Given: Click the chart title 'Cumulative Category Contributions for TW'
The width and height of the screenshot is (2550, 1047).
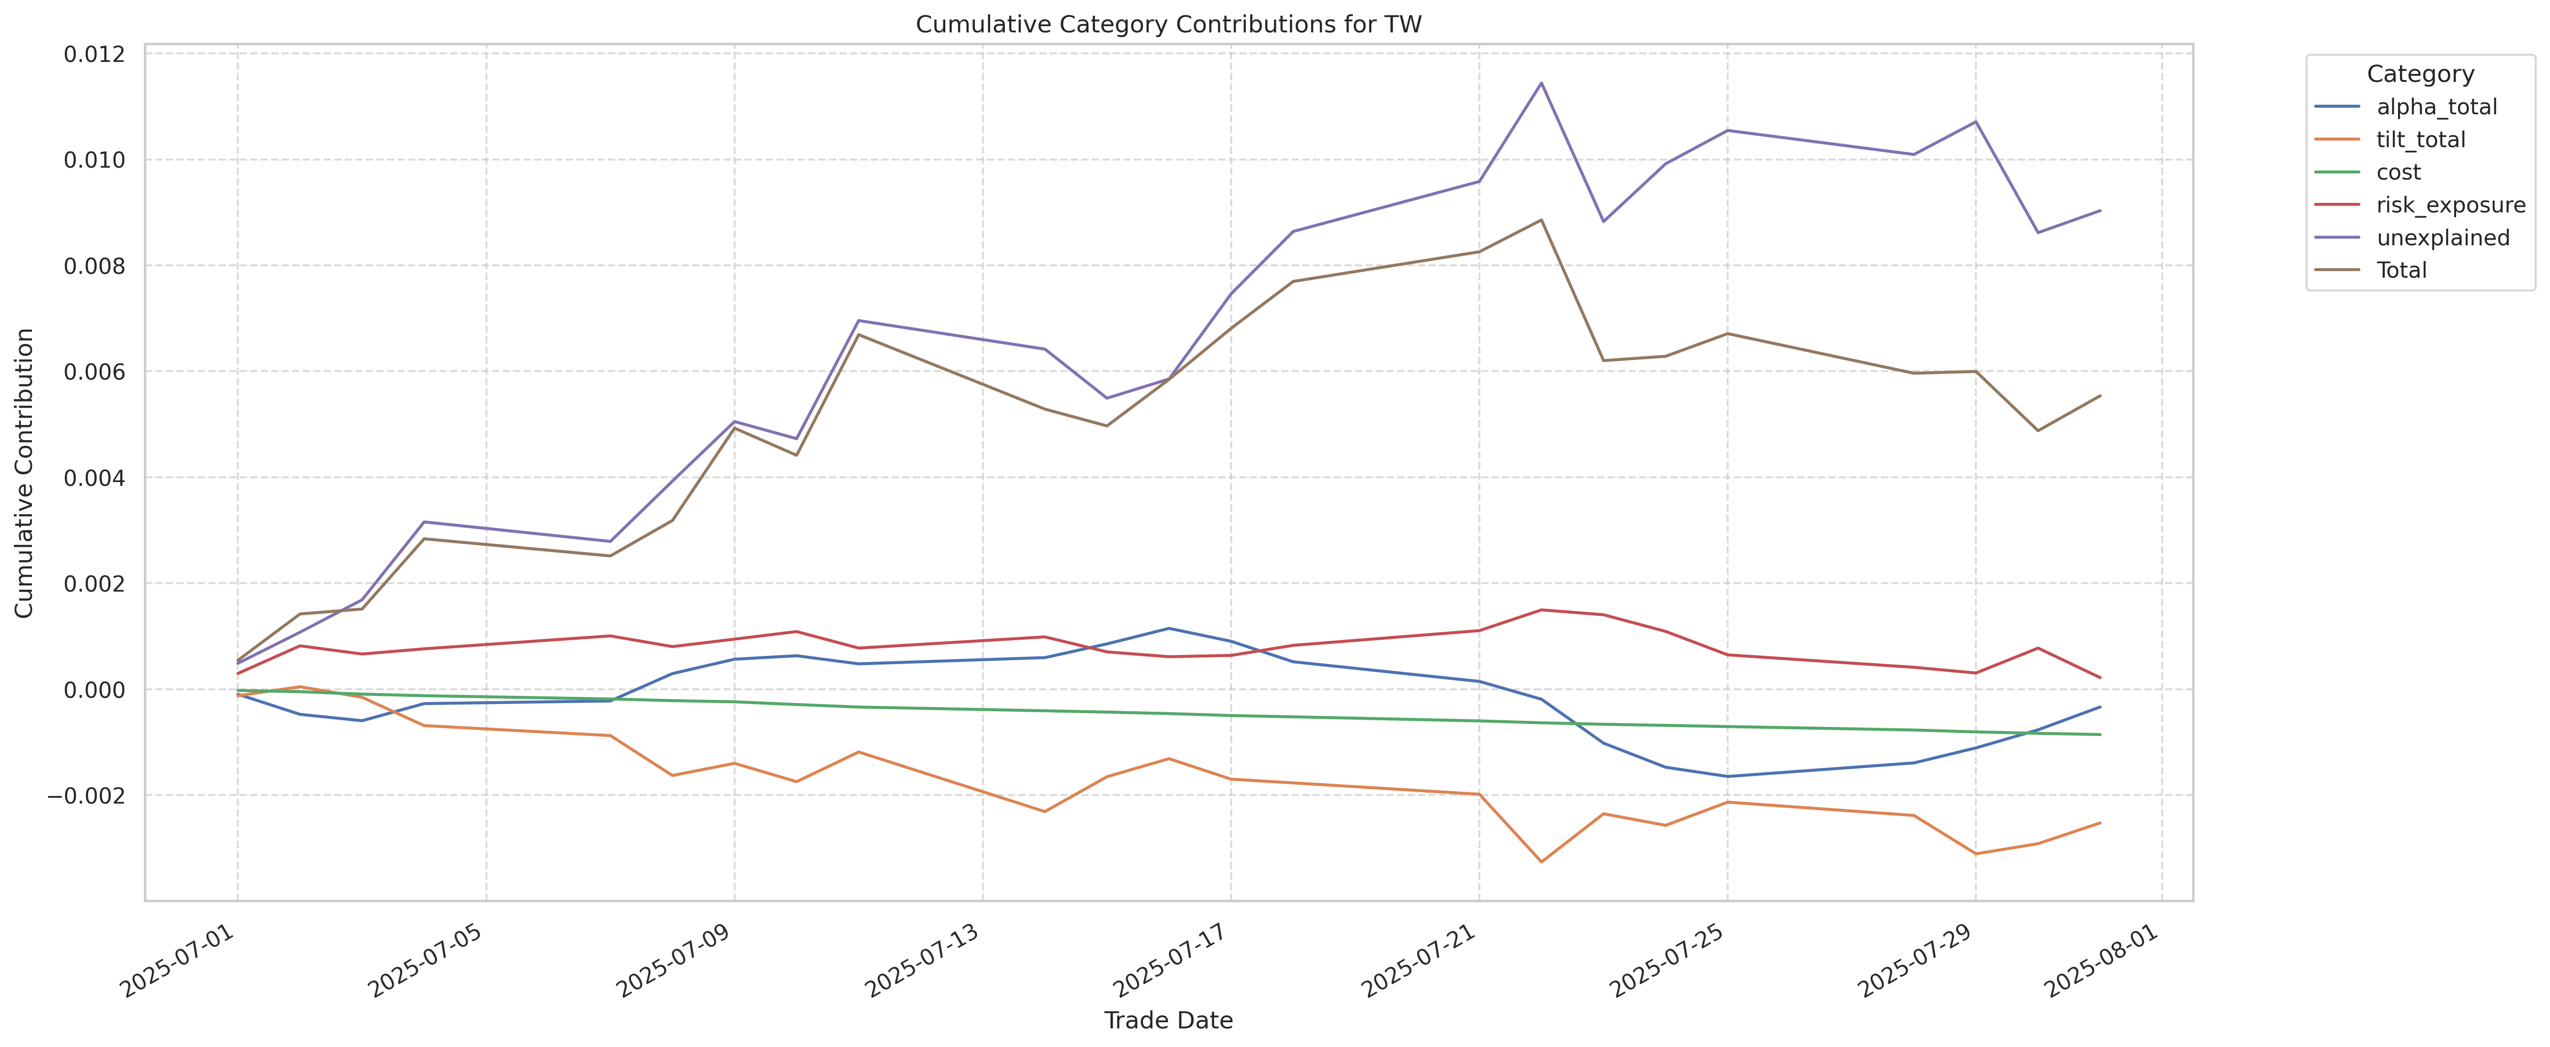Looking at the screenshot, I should click(x=1168, y=25).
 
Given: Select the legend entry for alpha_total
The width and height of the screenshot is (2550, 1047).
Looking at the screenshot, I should click(x=2436, y=107).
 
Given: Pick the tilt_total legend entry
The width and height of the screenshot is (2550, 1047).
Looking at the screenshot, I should click(x=2420, y=140).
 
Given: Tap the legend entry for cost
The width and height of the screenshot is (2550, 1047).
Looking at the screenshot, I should click(x=2398, y=172).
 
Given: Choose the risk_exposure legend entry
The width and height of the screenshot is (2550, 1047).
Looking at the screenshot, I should click(x=2450, y=205).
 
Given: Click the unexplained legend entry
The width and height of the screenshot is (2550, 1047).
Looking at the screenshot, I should click(x=2442, y=238).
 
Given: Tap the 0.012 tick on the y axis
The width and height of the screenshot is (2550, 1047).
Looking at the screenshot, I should click(x=95, y=54).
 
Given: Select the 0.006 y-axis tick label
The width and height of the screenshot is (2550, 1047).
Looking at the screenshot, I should click(x=95, y=372).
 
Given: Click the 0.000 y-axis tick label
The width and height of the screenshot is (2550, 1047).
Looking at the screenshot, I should click(x=95, y=690).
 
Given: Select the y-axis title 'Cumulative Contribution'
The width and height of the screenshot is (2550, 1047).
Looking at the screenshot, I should click(x=25, y=473).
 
